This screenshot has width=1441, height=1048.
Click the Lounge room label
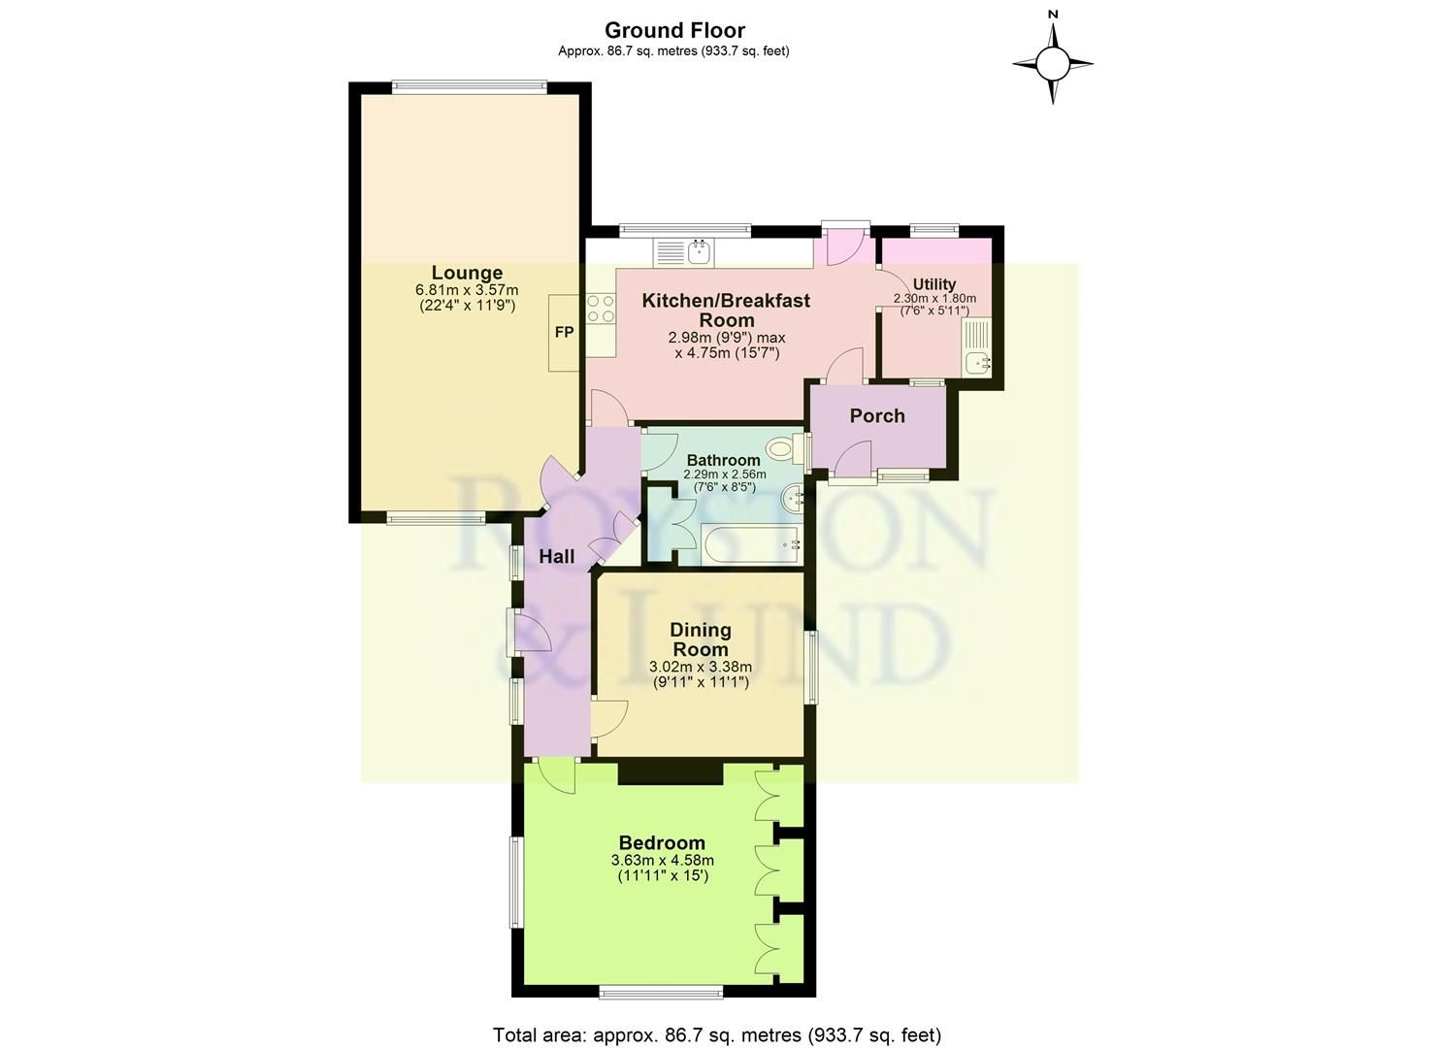tap(467, 273)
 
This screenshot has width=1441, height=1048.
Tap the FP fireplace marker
tap(564, 333)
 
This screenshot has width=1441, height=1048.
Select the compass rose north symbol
tap(1053, 64)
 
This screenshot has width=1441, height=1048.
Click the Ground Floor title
tap(674, 30)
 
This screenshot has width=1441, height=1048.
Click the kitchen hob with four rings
tap(601, 309)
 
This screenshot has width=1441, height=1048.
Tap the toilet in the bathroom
tap(782, 449)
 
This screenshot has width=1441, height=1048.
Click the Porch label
tap(877, 415)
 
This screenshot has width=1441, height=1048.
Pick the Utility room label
tap(934, 284)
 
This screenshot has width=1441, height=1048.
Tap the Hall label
tap(557, 557)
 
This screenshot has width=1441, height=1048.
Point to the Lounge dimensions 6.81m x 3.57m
tap(467, 290)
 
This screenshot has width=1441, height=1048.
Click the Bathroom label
tap(724, 460)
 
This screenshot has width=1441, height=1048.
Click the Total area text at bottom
tap(716, 1034)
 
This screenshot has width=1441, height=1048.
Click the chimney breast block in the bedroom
tap(671, 772)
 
